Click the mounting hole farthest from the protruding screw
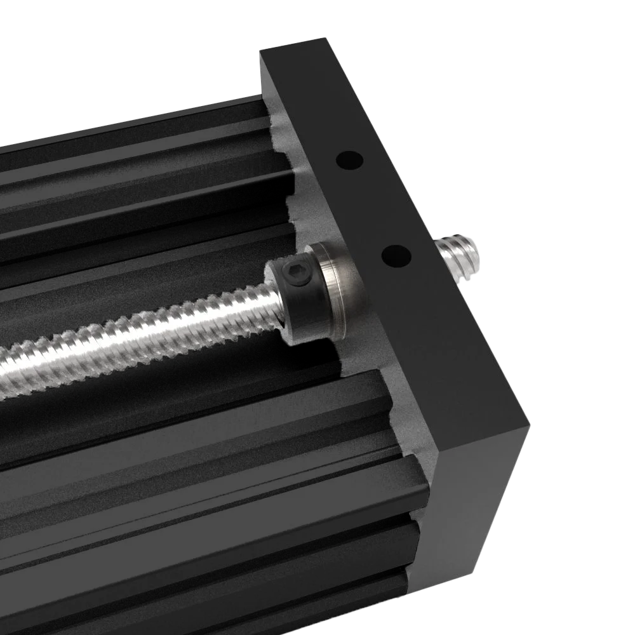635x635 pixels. tap(349, 159)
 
